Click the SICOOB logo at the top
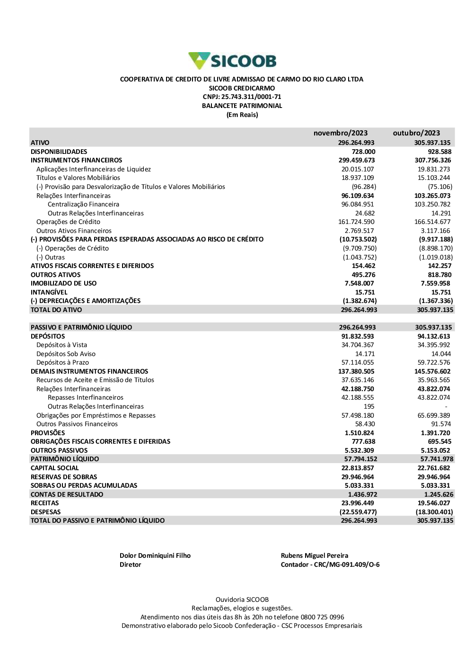tap(232, 61)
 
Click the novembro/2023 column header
tap(340, 133)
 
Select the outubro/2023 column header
tap(416, 133)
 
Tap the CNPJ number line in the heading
tap(242, 97)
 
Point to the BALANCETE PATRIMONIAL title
tap(242, 106)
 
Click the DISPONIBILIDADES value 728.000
tap(363, 152)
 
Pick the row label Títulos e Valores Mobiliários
tap(78, 178)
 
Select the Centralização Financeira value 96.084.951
tap(358, 204)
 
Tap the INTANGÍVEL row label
tap(49, 292)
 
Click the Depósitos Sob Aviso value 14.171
tap(365, 354)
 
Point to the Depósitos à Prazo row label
tap(62, 362)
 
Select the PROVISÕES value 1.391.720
tap(435, 433)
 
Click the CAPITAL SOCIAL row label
tap(55, 468)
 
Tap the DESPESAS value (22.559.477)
tap(358, 512)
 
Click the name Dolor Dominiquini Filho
tap(155, 555)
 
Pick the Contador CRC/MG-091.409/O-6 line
tap(330, 564)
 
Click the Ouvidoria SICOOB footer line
tap(242, 599)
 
